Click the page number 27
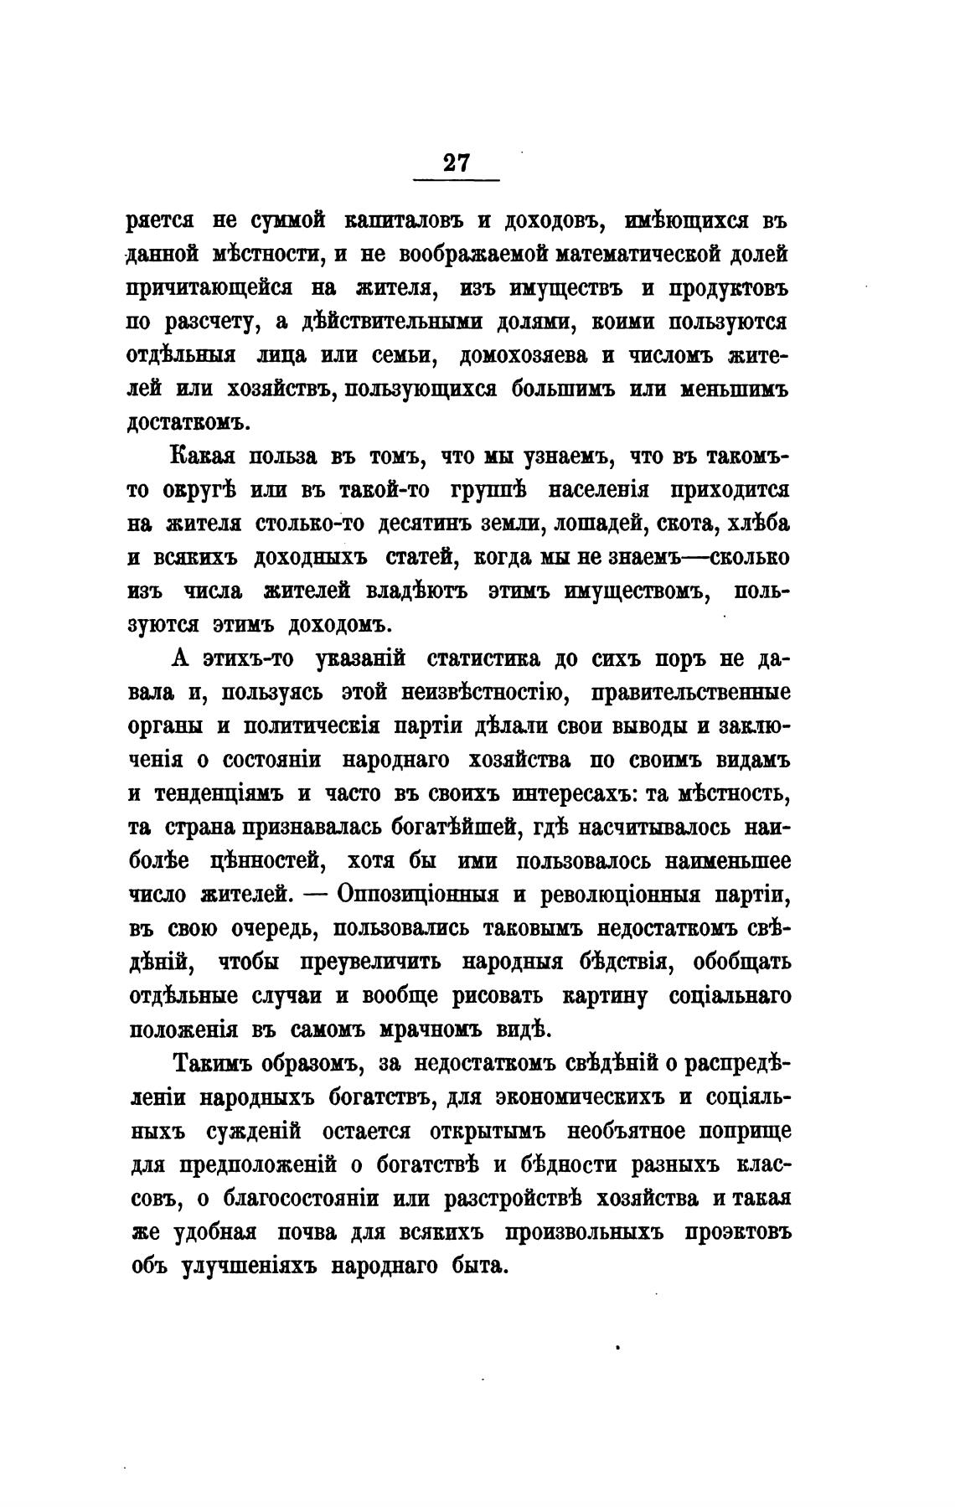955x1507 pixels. [x=457, y=162]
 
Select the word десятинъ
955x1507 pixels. [x=424, y=524]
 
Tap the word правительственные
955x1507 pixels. [x=690, y=693]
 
